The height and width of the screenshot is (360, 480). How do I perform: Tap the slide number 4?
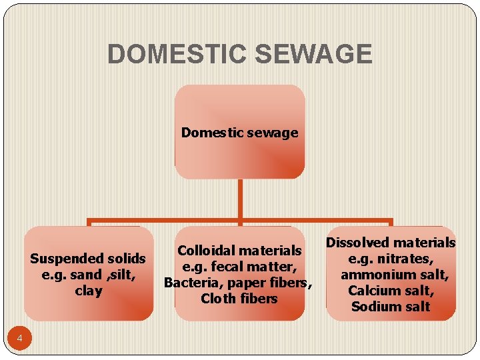20,339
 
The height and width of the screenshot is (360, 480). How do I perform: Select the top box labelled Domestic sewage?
239,132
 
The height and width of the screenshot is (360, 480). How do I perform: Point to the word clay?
89,291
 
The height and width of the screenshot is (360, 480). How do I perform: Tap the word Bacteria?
189,283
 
